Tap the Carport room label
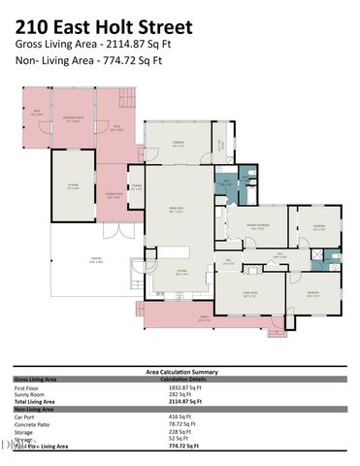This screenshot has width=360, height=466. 95,261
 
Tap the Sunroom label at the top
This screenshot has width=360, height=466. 179,144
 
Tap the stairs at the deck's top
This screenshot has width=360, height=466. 124,97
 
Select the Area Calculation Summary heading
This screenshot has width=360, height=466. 179,371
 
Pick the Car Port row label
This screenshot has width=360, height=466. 28,416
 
